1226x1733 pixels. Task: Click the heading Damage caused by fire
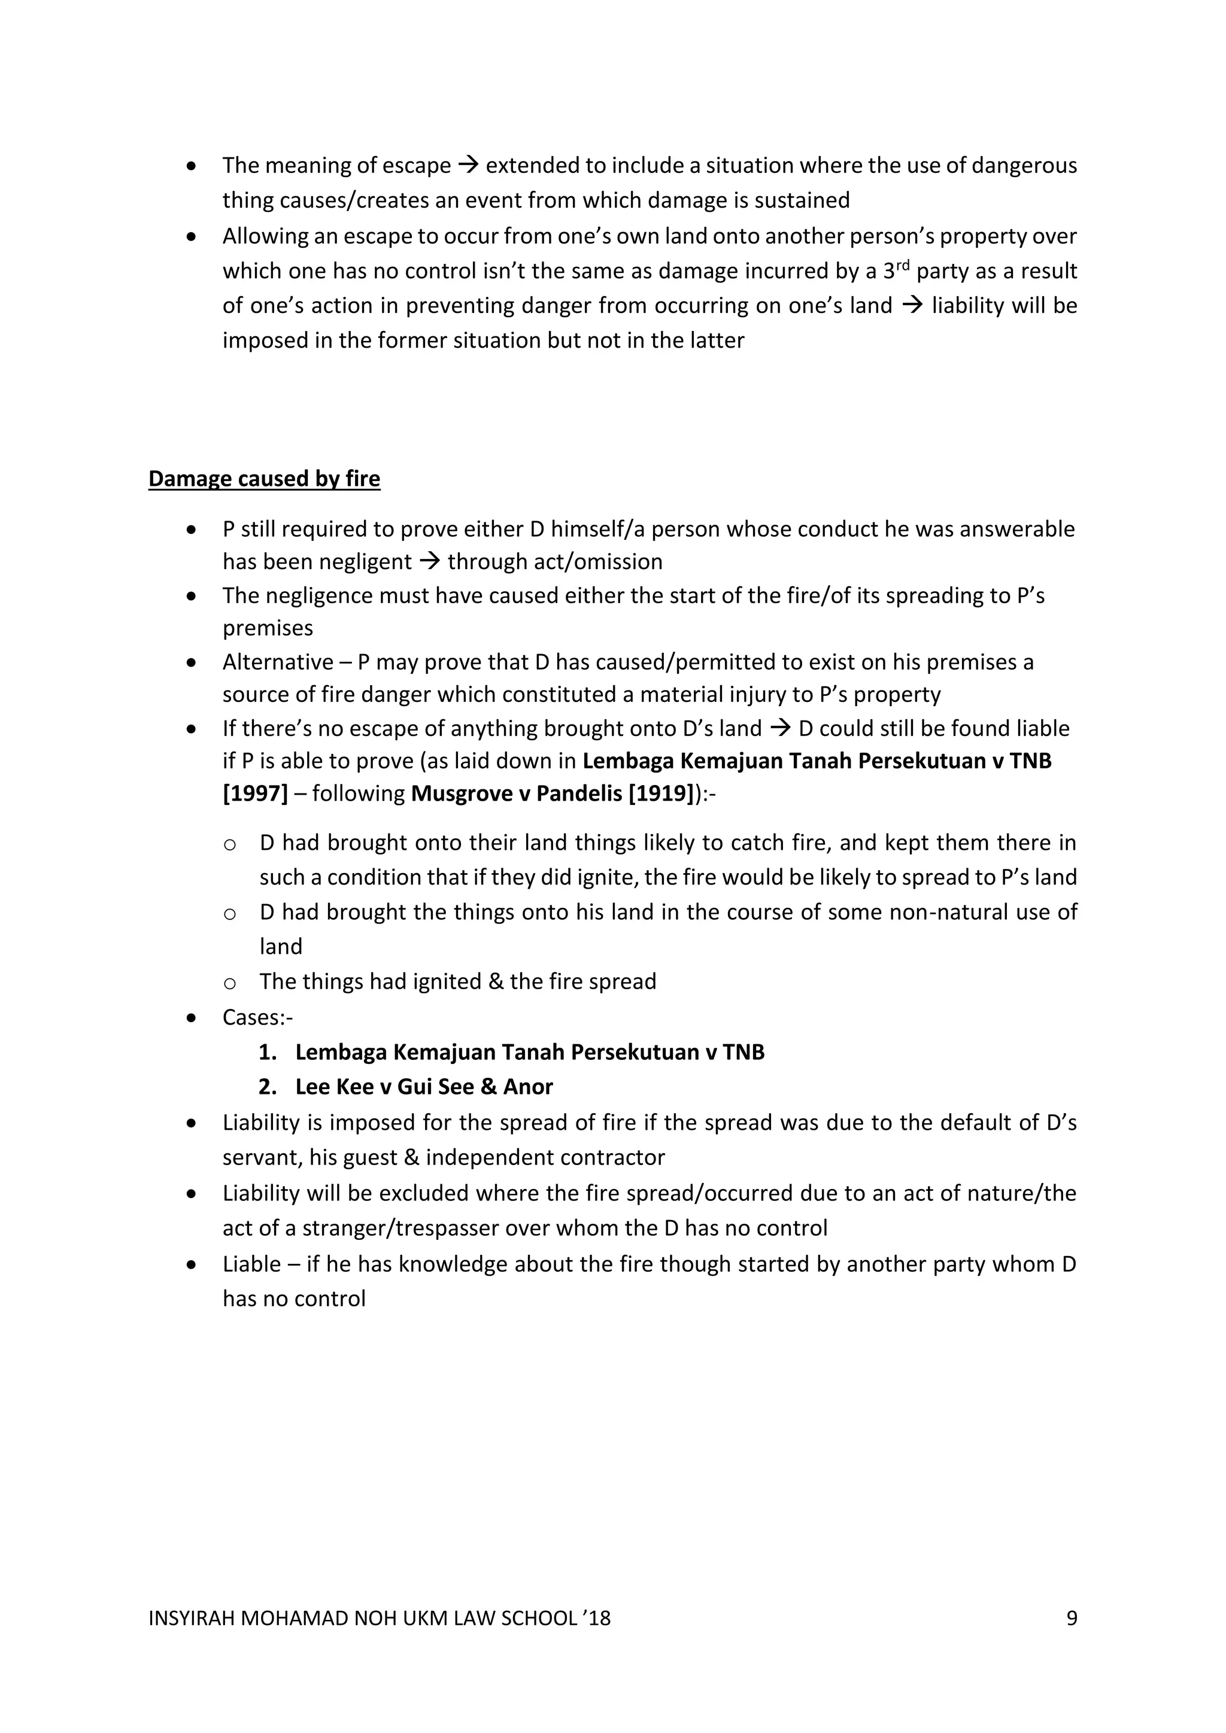coord(263,479)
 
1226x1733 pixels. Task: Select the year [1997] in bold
coord(255,793)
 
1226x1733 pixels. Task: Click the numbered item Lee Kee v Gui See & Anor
coord(423,1086)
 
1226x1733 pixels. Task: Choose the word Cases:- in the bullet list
coord(257,1017)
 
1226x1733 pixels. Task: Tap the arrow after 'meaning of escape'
coord(468,165)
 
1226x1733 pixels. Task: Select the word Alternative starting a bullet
coord(277,662)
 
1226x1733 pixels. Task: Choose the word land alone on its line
coord(280,947)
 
